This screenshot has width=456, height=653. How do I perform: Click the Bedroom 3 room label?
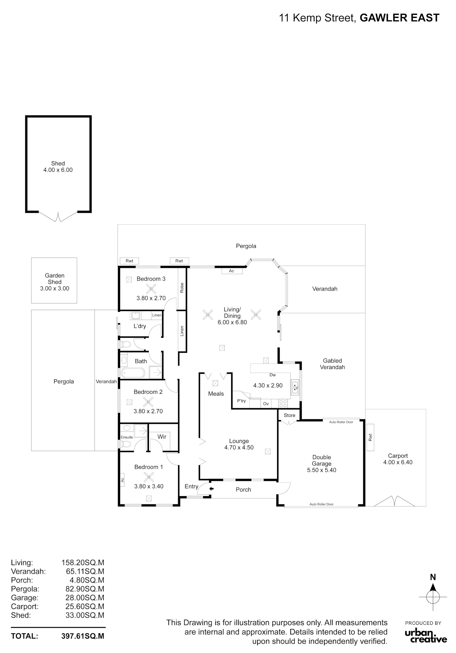151,279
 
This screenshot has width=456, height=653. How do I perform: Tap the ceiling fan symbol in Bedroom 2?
148,402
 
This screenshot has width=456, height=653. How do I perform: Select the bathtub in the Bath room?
133,373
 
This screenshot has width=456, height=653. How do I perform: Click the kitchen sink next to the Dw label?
295,387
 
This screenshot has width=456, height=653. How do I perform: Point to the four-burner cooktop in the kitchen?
283,403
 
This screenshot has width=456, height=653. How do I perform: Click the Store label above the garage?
289,415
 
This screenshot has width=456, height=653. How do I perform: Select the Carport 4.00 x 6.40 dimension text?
398,462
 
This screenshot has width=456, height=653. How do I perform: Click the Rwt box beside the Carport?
370,437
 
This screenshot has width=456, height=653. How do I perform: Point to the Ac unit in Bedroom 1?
122,480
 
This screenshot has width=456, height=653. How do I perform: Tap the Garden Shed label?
55,278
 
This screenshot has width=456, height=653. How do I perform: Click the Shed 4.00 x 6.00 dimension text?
58,170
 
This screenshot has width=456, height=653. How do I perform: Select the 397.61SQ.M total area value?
83,636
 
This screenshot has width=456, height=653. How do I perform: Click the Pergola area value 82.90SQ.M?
85,589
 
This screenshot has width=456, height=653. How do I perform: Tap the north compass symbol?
433,597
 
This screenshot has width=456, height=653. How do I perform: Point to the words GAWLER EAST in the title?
399,18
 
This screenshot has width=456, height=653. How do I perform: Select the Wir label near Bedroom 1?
162,437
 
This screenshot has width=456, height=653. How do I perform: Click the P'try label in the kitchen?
241,401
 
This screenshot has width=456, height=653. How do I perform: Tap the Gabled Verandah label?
332,364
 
